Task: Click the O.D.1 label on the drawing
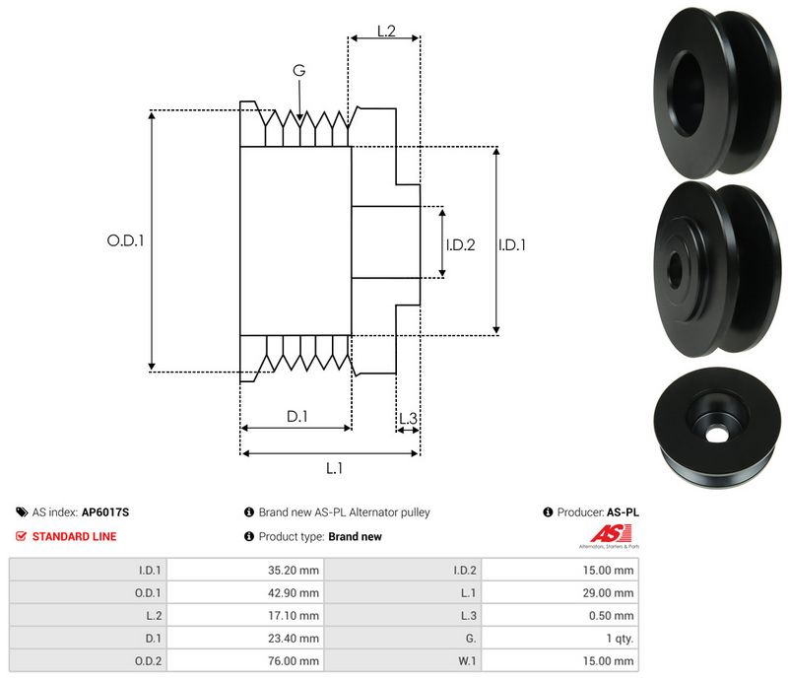click(x=125, y=239)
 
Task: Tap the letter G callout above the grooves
click(x=298, y=70)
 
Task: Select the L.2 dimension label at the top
click(x=385, y=32)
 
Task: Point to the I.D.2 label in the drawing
click(x=460, y=244)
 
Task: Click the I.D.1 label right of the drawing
click(x=512, y=244)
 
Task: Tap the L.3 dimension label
click(x=408, y=419)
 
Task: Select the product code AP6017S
click(x=105, y=512)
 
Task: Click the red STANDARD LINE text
click(x=74, y=537)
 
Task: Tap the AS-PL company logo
click(x=608, y=537)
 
